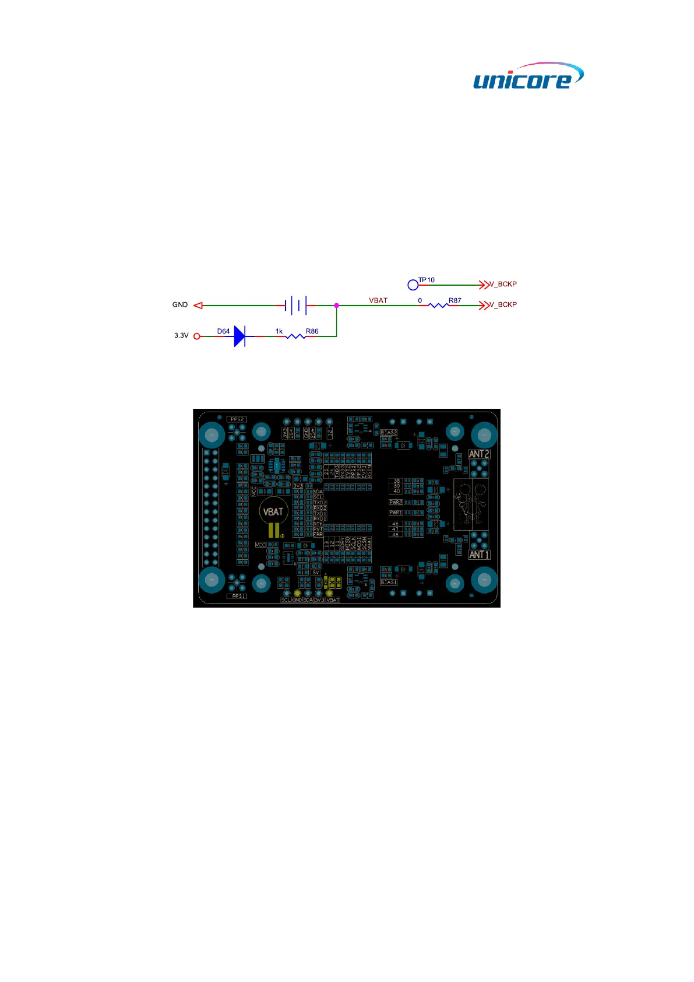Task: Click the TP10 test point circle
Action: (413, 285)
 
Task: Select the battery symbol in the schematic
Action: (296, 305)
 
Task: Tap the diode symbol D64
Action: (239, 336)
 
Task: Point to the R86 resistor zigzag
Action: (296, 336)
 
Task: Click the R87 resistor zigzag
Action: (438, 305)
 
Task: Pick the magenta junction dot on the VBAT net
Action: (337, 305)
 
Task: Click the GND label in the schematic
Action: (180, 305)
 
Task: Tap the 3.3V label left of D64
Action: (181, 336)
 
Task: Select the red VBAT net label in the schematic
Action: (378, 300)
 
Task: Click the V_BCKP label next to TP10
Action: (503, 285)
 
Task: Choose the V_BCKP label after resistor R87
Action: (503, 305)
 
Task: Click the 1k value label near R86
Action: (279, 331)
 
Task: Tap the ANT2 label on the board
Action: (479, 454)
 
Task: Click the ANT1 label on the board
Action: (479, 555)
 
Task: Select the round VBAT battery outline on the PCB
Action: (273, 513)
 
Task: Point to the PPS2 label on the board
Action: (237, 419)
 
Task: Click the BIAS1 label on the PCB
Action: (389, 583)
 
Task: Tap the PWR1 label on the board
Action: (396, 513)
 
